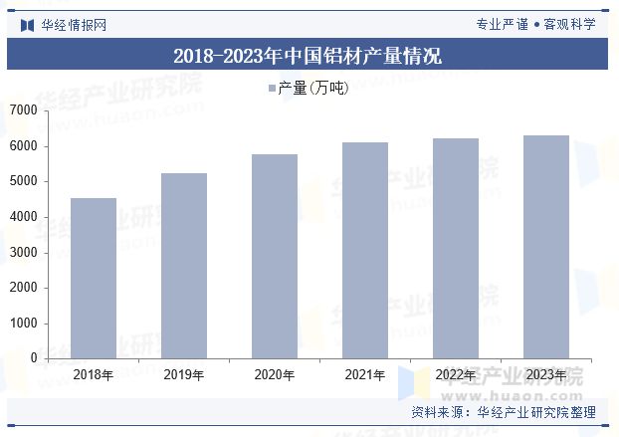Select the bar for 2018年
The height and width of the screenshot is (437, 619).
point(93,278)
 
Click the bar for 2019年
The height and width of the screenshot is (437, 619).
point(183,266)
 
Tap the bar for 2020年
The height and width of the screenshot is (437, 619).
point(274,256)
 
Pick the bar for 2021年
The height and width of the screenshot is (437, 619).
point(364,250)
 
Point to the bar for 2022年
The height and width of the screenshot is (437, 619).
point(455,248)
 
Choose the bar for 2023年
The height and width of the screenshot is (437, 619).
point(545,247)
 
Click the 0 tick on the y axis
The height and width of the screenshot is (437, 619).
point(34,358)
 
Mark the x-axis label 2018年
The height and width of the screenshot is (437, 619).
point(93,375)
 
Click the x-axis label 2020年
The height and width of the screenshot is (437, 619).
point(274,375)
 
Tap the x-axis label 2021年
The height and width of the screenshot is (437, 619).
point(364,375)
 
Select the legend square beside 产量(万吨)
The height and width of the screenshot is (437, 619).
point(271,90)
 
